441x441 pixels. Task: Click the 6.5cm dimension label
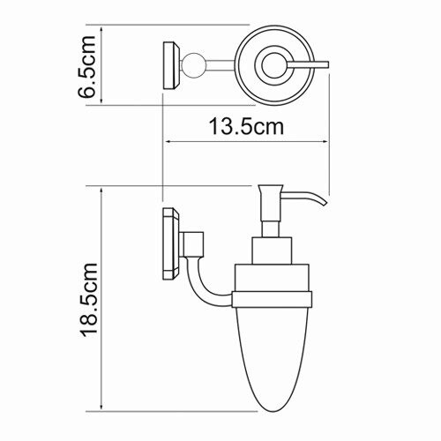(x=87, y=67)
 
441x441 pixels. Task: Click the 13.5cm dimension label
(x=246, y=127)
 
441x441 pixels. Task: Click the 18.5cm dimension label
(x=89, y=300)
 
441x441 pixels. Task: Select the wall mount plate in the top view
(x=171, y=65)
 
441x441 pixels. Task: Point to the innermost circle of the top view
(x=274, y=65)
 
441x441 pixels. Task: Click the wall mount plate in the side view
(x=171, y=243)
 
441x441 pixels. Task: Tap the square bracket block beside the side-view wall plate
(x=193, y=243)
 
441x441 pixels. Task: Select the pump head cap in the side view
(x=271, y=203)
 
